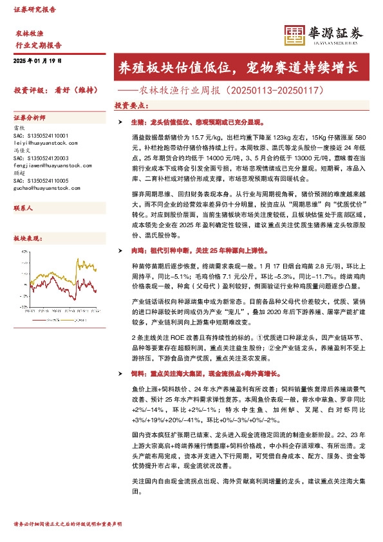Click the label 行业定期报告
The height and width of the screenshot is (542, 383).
coord(38,45)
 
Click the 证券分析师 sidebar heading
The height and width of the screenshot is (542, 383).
coord(30,118)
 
